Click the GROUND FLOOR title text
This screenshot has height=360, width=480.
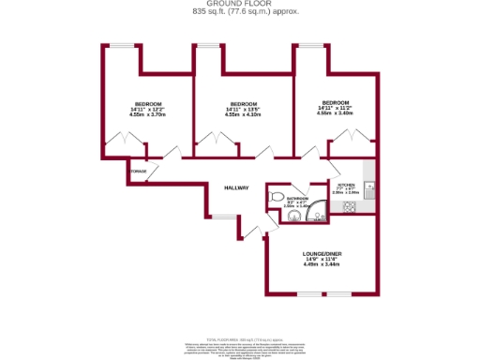(x=239, y=5)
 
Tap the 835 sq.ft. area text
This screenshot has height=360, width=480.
(x=239, y=12)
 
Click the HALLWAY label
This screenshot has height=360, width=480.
(x=236, y=188)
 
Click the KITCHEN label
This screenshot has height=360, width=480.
(x=345, y=186)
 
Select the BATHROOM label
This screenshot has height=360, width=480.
(x=297, y=199)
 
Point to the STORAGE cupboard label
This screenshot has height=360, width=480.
(x=139, y=172)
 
